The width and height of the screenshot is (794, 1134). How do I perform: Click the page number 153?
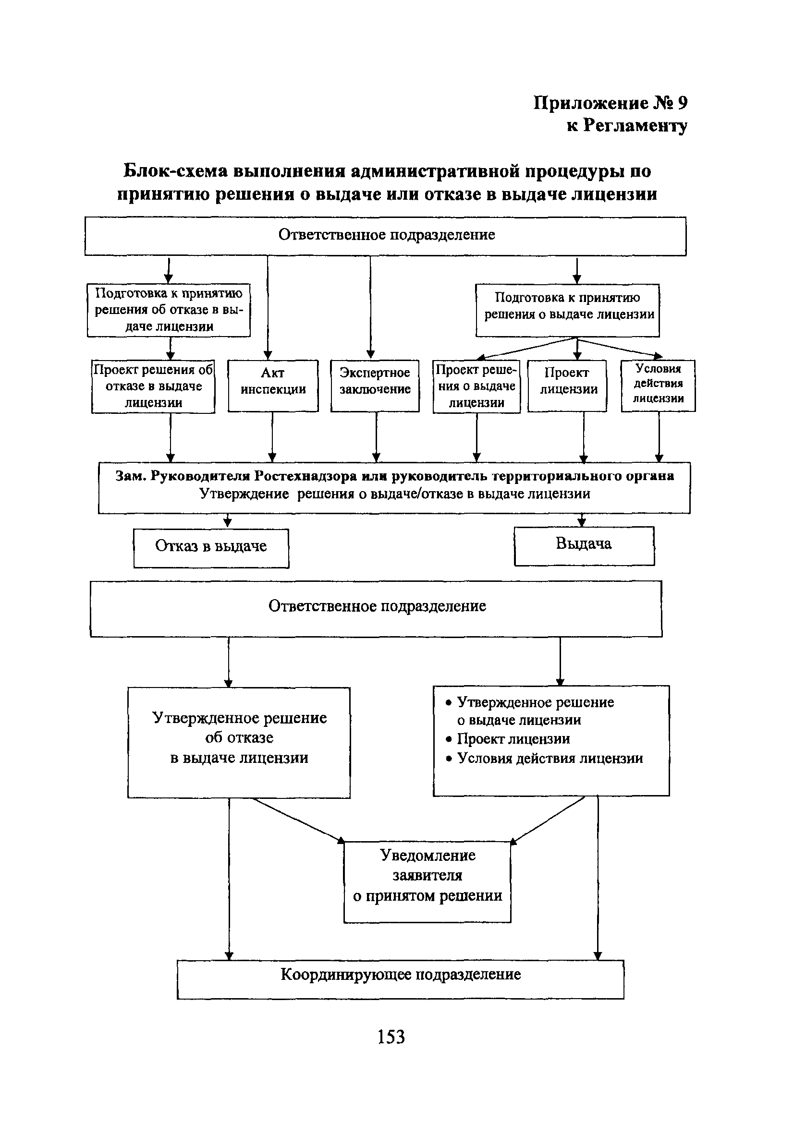(391, 1036)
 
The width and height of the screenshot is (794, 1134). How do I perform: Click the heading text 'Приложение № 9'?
(610, 103)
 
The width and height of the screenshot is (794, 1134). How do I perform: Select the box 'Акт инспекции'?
(273, 385)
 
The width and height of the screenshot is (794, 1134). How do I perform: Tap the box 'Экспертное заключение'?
(375, 385)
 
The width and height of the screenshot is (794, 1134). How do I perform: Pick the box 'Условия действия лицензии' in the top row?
(658, 385)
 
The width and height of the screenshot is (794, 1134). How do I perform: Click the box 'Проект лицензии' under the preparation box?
(567, 385)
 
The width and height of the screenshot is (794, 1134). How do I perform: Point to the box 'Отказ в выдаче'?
(211, 548)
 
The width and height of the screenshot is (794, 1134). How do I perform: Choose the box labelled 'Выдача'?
(584, 545)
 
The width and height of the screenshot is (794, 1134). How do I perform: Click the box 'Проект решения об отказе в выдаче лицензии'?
(153, 386)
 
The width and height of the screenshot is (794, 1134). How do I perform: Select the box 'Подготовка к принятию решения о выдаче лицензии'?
(567, 310)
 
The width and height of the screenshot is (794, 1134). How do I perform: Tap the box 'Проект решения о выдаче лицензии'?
(476, 386)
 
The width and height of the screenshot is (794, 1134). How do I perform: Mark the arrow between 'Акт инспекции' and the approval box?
(272, 436)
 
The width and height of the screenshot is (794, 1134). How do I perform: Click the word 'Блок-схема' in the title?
(173, 171)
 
